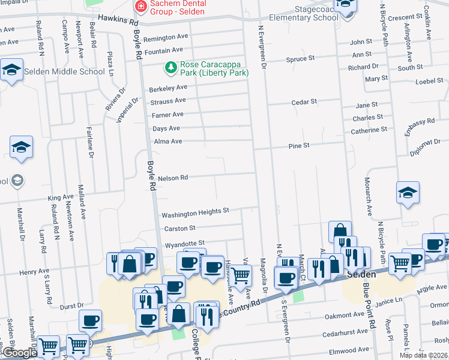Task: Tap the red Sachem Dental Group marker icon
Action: (141, 7)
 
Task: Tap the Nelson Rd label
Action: (173, 178)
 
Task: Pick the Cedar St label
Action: (304, 102)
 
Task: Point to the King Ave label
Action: (60, 197)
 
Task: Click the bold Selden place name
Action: (362, 274)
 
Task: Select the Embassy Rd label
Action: (419, 127)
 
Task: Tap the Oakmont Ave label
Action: (345, 314)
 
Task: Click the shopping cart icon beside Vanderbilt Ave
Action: (241, 276)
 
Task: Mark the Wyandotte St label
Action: (185, 244)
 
